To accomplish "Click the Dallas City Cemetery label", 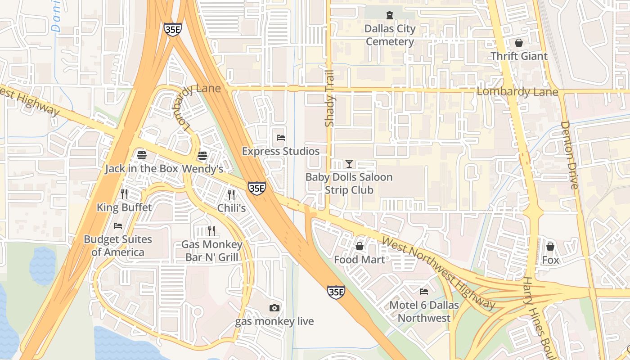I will click(x=390, y=35).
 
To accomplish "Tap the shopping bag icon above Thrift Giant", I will click(x=519, y=43).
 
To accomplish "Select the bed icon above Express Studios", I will click(x=281, y=138).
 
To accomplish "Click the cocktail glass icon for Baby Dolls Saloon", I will click(x=349, y=164).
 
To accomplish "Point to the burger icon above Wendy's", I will click(x=202, y=156).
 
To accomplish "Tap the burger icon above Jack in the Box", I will click(x=142, y=155).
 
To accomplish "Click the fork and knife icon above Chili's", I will click(x=231, y=194).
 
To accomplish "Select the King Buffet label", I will click(x=124, y=207).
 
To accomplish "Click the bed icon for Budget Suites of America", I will click(x=118, y=226).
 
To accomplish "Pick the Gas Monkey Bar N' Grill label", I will click(x=211, y=251).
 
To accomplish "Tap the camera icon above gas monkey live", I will click(x=274, y=308).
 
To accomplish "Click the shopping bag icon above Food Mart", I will click(x=360, y=246).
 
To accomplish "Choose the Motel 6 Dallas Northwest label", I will click(x=424, y=311).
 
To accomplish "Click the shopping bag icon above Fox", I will click(x=550, y=247).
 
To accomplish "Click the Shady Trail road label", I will click(x=329, y=98).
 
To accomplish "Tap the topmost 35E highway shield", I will click(x=173, y=29).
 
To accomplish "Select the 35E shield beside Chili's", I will click(x=256, y=188).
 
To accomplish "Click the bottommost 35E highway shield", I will click(x=336, y=292).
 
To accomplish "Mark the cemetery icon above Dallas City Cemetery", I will click(x=390, y=15).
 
